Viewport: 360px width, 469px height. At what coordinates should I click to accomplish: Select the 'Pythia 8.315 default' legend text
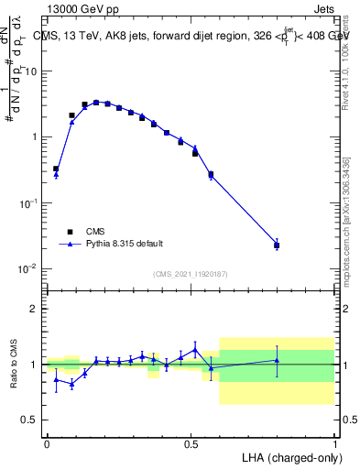pos(125,244)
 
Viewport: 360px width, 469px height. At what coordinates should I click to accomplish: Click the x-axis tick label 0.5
pos(191,442)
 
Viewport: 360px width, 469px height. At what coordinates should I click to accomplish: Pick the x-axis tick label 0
pos(47,442)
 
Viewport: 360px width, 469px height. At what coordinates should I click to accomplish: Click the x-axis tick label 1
pos(334,442)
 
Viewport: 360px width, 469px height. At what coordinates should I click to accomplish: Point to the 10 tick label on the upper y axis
pos(31,71)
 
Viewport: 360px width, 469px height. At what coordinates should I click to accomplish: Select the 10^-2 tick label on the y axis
pos(28,268)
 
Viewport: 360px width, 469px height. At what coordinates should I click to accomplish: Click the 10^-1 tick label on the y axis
pos(28,202)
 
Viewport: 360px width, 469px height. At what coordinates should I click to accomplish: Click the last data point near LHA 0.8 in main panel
pos(277,245)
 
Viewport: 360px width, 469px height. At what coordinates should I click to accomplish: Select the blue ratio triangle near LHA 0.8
pos(277,360)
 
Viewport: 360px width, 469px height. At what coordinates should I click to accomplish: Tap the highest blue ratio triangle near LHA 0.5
pos(195,349)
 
